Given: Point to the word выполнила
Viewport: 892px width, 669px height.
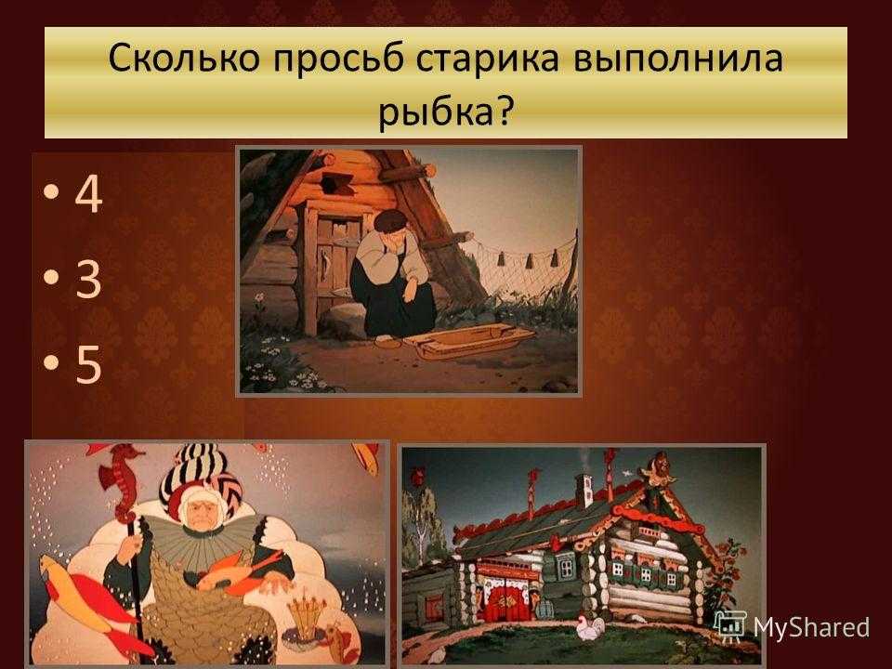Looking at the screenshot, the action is click(x=677, y=59).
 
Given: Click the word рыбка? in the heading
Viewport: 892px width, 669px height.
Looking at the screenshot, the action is click(x=445, y=111).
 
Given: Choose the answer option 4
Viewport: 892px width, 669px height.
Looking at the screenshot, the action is click(x=88, y=194).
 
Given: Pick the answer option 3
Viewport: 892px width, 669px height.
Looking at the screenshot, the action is click(x=88, y=279).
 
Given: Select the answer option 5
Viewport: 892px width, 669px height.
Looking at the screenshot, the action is click(x=89, y=364).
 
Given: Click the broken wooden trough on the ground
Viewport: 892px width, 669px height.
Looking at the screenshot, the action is click(x=470, y=339).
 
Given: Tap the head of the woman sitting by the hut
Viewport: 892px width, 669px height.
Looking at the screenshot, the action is click(x=390, y=224).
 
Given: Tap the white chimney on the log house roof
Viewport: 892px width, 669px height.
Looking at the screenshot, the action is click(x=584, y=490).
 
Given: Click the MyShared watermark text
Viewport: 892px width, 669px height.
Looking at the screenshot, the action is click(x=811, y=627).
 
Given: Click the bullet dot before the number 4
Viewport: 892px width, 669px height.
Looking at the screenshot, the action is click(x=50, y=191).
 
